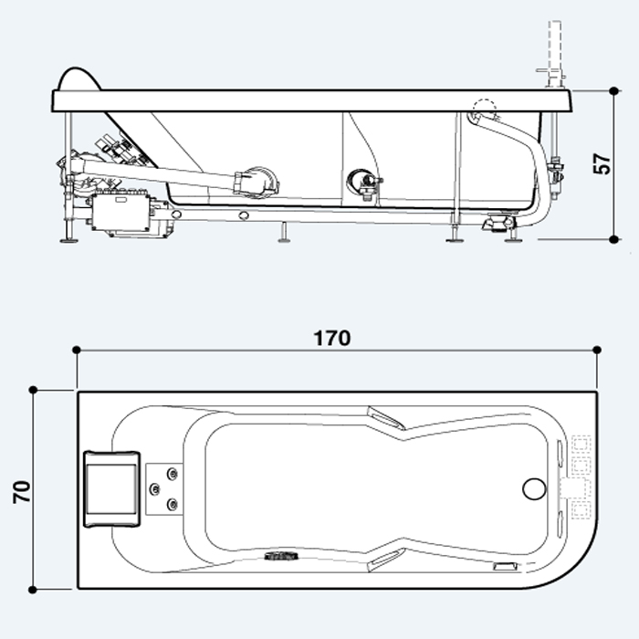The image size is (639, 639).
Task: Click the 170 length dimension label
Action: click(332, 338)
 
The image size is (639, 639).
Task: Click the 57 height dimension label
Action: click(602, 163)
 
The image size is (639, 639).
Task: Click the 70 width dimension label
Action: click(22, 492)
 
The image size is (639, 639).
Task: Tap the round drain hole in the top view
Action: click(534, 489)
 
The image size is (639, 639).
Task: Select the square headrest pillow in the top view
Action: click(112, 488)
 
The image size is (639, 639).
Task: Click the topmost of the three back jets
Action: click(173, 474)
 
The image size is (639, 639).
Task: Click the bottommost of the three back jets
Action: click(173, 505)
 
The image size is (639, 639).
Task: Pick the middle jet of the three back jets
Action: click(155, 488)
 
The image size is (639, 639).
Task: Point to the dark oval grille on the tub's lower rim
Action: click(281, 555)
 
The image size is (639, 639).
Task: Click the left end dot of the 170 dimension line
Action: click(76, 350)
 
